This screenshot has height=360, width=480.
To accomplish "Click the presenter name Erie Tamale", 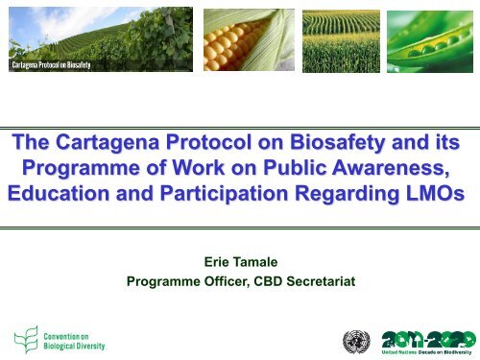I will (241, 261).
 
